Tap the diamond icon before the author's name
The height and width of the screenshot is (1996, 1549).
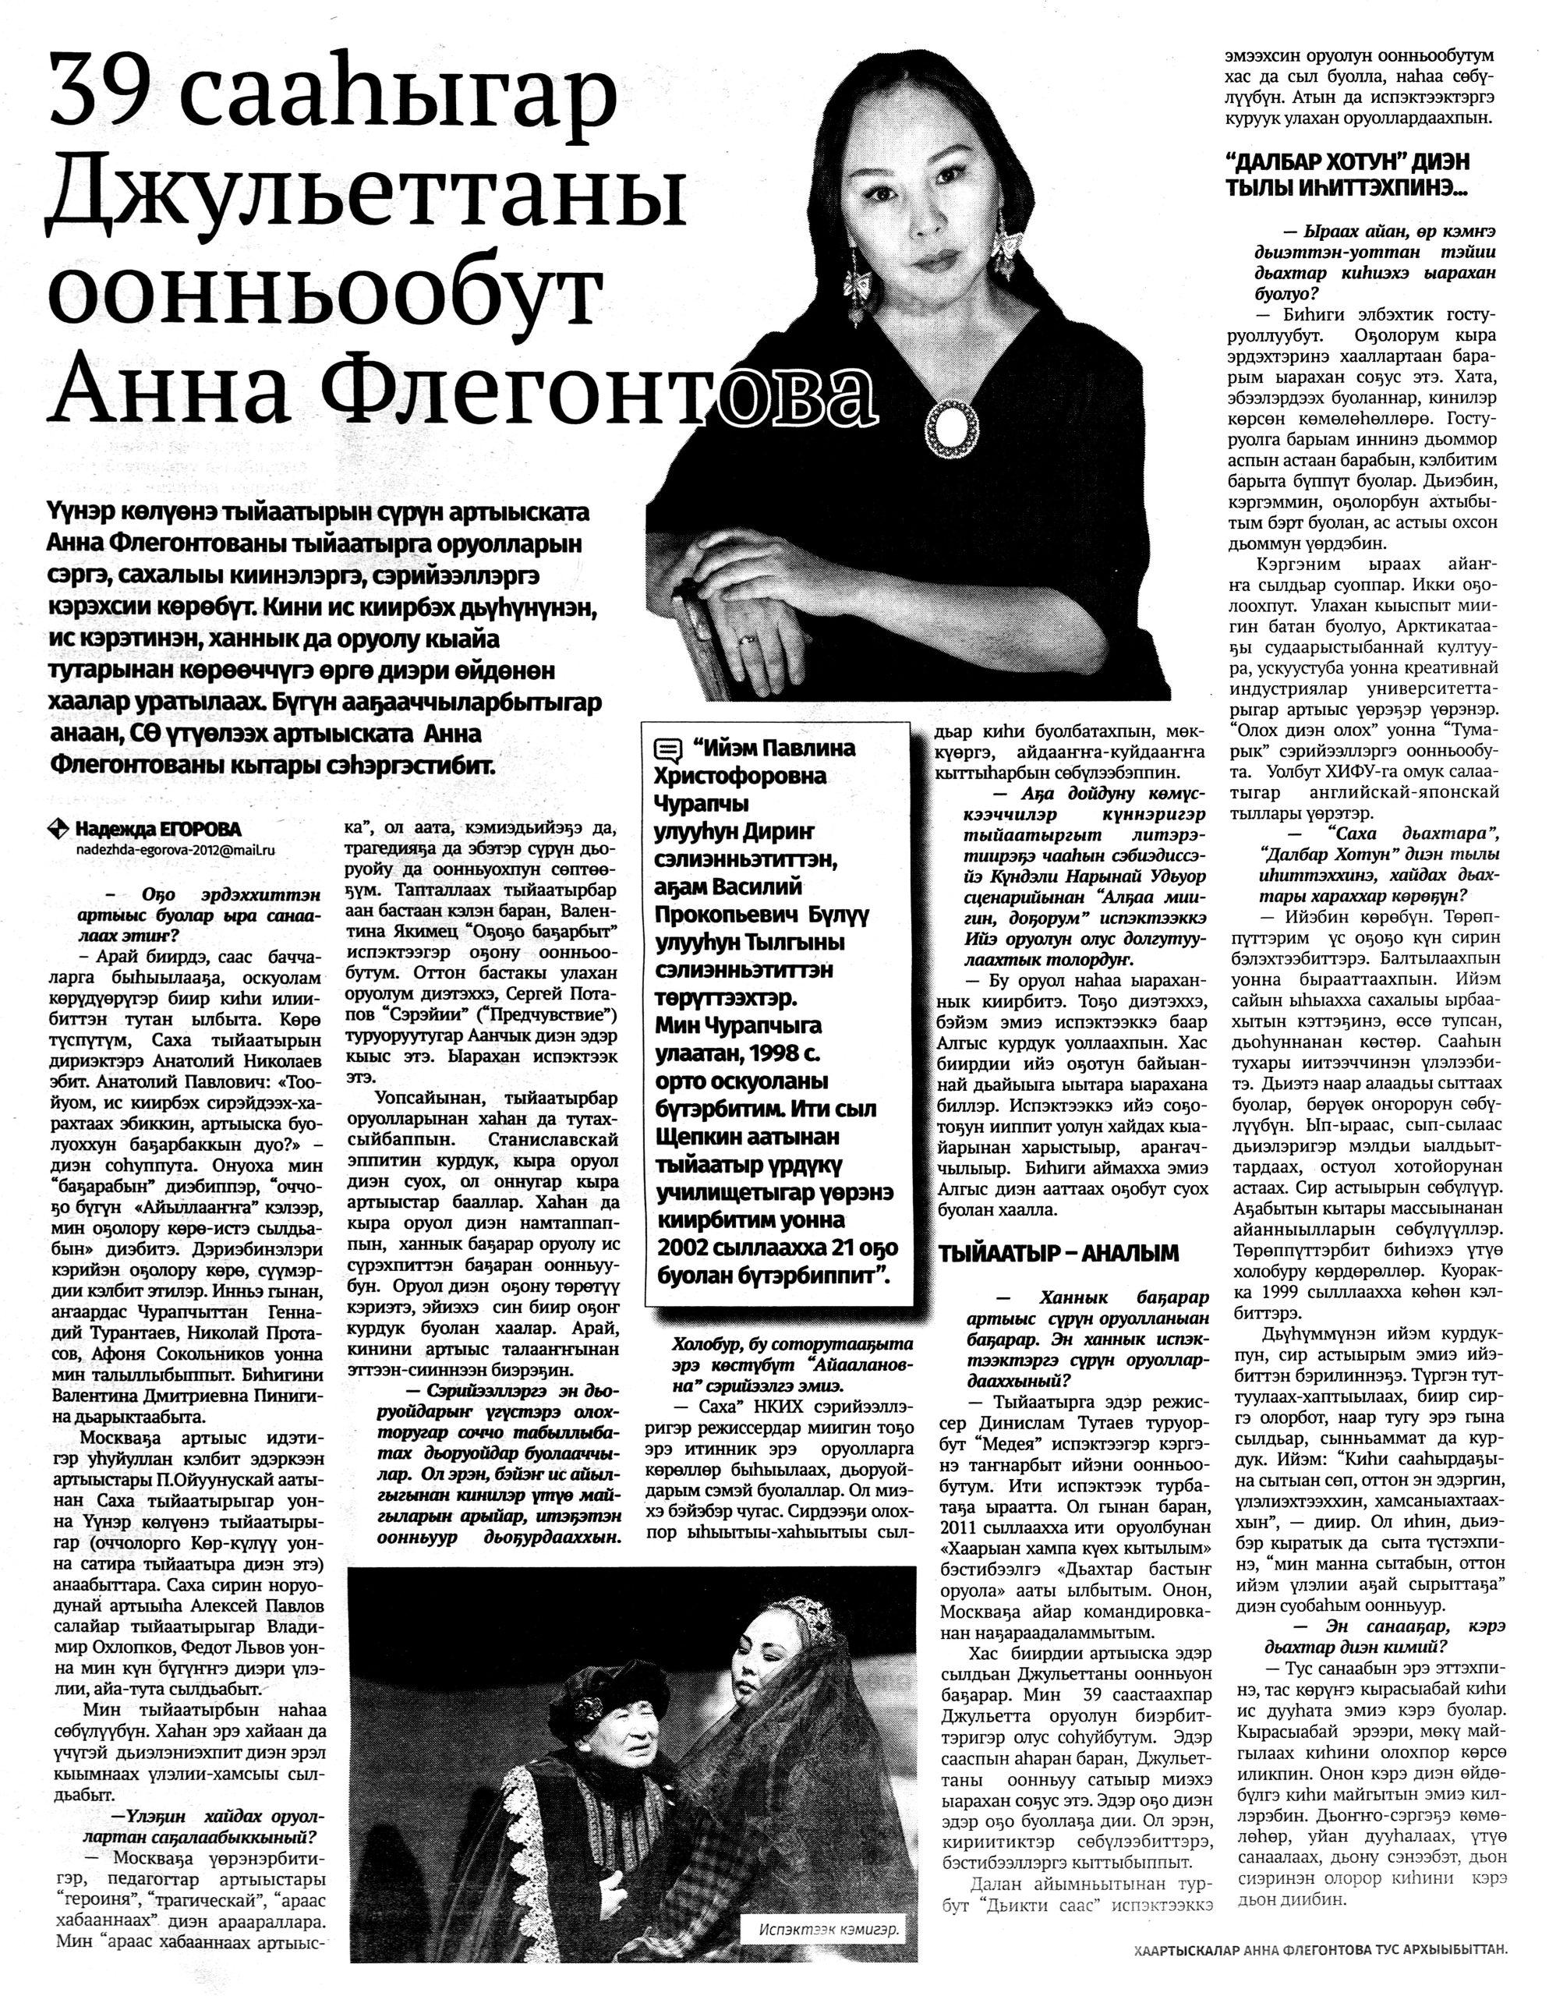(59, 829)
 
